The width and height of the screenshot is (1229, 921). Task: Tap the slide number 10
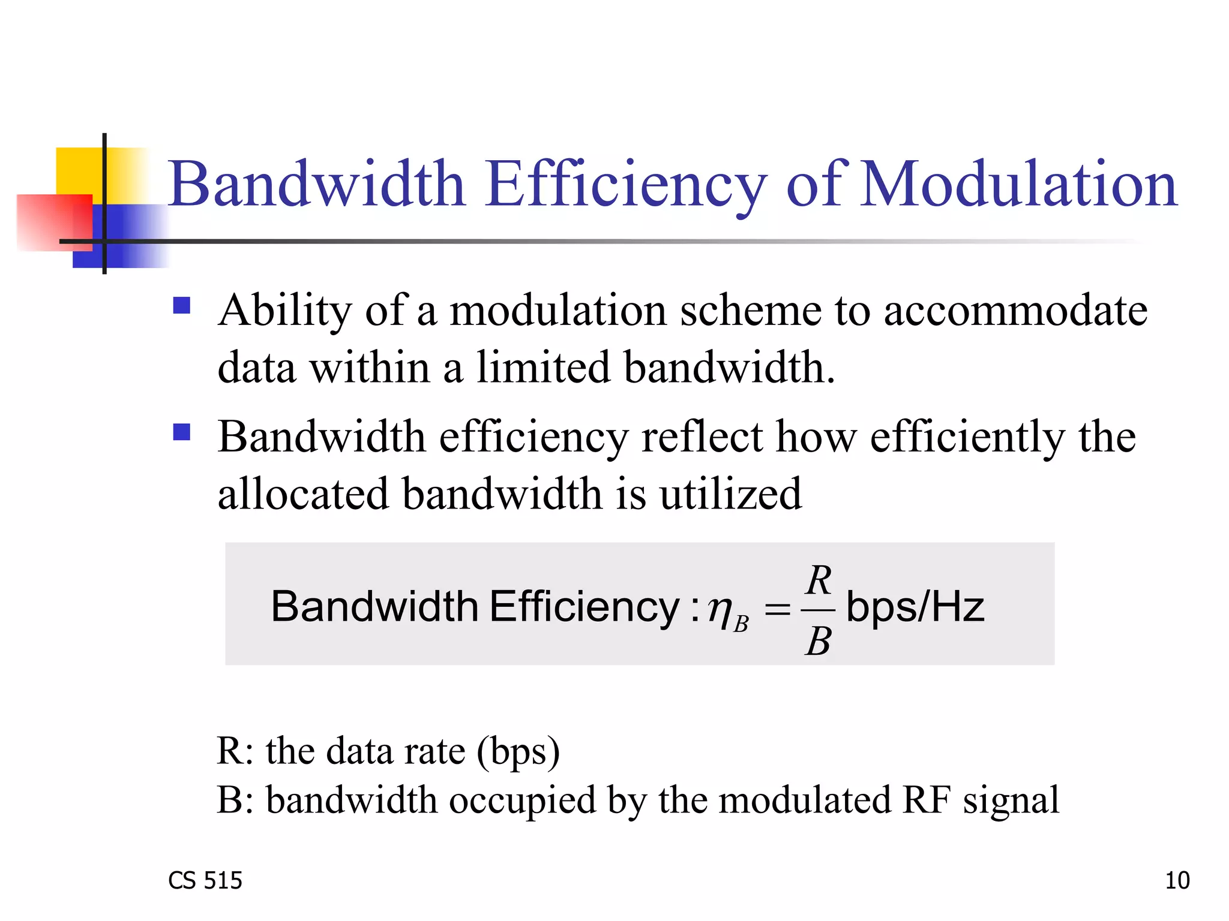1177,880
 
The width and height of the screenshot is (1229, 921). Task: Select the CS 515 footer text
205,880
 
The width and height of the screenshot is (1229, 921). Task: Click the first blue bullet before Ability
181,306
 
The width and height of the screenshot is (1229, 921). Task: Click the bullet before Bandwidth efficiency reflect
181,432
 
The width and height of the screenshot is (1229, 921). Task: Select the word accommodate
1015,311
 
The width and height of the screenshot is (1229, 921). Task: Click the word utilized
730,494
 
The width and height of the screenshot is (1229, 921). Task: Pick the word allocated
303,494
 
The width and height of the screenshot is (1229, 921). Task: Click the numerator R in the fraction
819,580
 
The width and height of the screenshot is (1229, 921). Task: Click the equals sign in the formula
777,610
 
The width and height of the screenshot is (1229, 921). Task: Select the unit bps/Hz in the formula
915,607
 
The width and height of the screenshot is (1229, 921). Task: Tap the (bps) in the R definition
518,751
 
